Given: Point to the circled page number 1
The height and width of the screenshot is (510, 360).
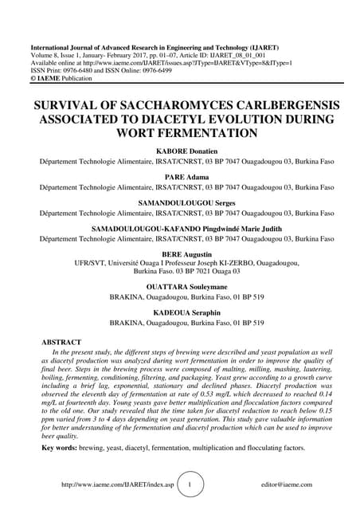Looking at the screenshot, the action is (189, 484).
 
